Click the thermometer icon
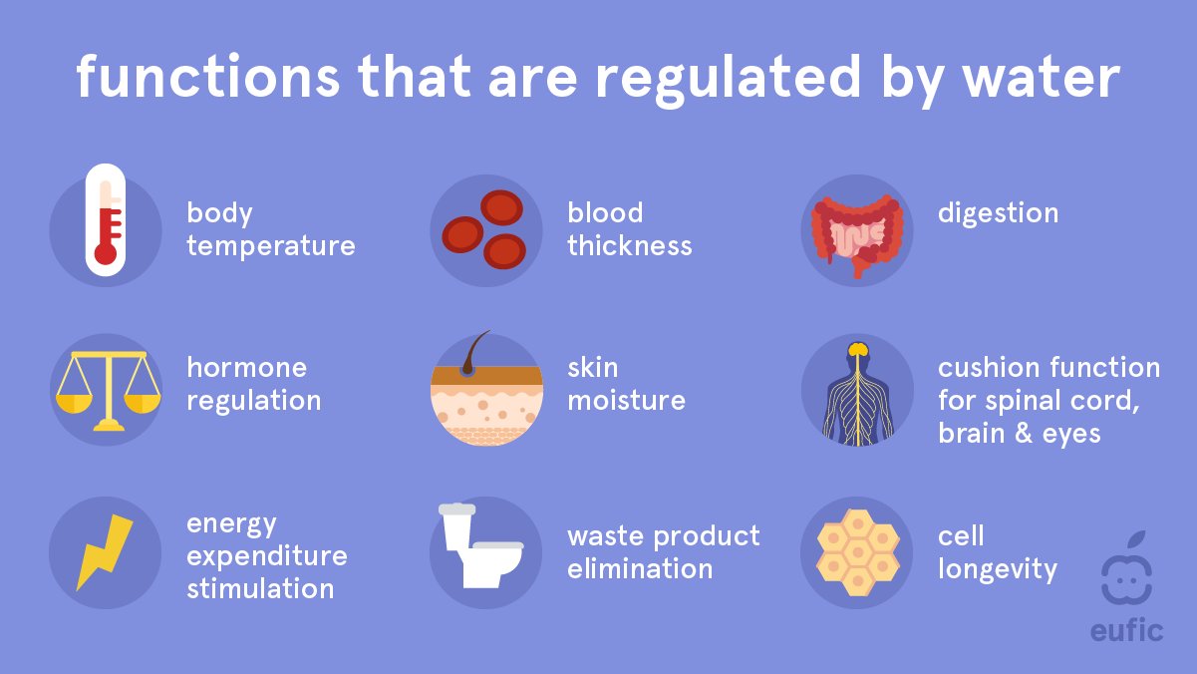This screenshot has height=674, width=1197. [105, 217]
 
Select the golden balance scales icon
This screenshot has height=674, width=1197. [105, 389]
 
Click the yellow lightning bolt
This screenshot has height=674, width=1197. [105, 550]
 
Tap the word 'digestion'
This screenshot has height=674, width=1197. [998, 213]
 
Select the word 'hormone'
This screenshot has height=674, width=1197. [246, 368]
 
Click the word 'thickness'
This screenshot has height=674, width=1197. [629, 246]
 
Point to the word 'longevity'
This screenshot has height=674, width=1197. [997, 570]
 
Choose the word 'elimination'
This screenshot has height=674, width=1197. [640, 570]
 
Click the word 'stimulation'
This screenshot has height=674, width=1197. [259, 588]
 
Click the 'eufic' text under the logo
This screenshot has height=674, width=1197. [1126, 630]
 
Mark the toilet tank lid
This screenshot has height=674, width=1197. [455, 509]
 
